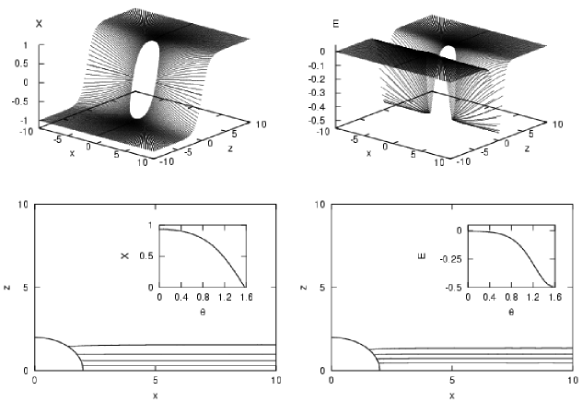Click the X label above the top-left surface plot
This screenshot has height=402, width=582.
click(x=39, y=24)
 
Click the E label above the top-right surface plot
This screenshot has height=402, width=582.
click(x=336, y=25)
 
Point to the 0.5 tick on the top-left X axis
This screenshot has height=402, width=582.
click(x=21, y=64)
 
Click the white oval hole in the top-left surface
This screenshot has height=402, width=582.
click(x=145, y=79)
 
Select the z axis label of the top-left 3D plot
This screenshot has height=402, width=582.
click(x=231, y=148)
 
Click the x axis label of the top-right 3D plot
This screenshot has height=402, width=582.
click(x=368, y=153)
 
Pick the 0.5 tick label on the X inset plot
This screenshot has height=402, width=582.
click(x=146, y=256)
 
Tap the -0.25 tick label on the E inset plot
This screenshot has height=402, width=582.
click(x=450, y=259)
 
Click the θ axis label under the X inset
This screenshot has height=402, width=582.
click(x=203, y=312)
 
